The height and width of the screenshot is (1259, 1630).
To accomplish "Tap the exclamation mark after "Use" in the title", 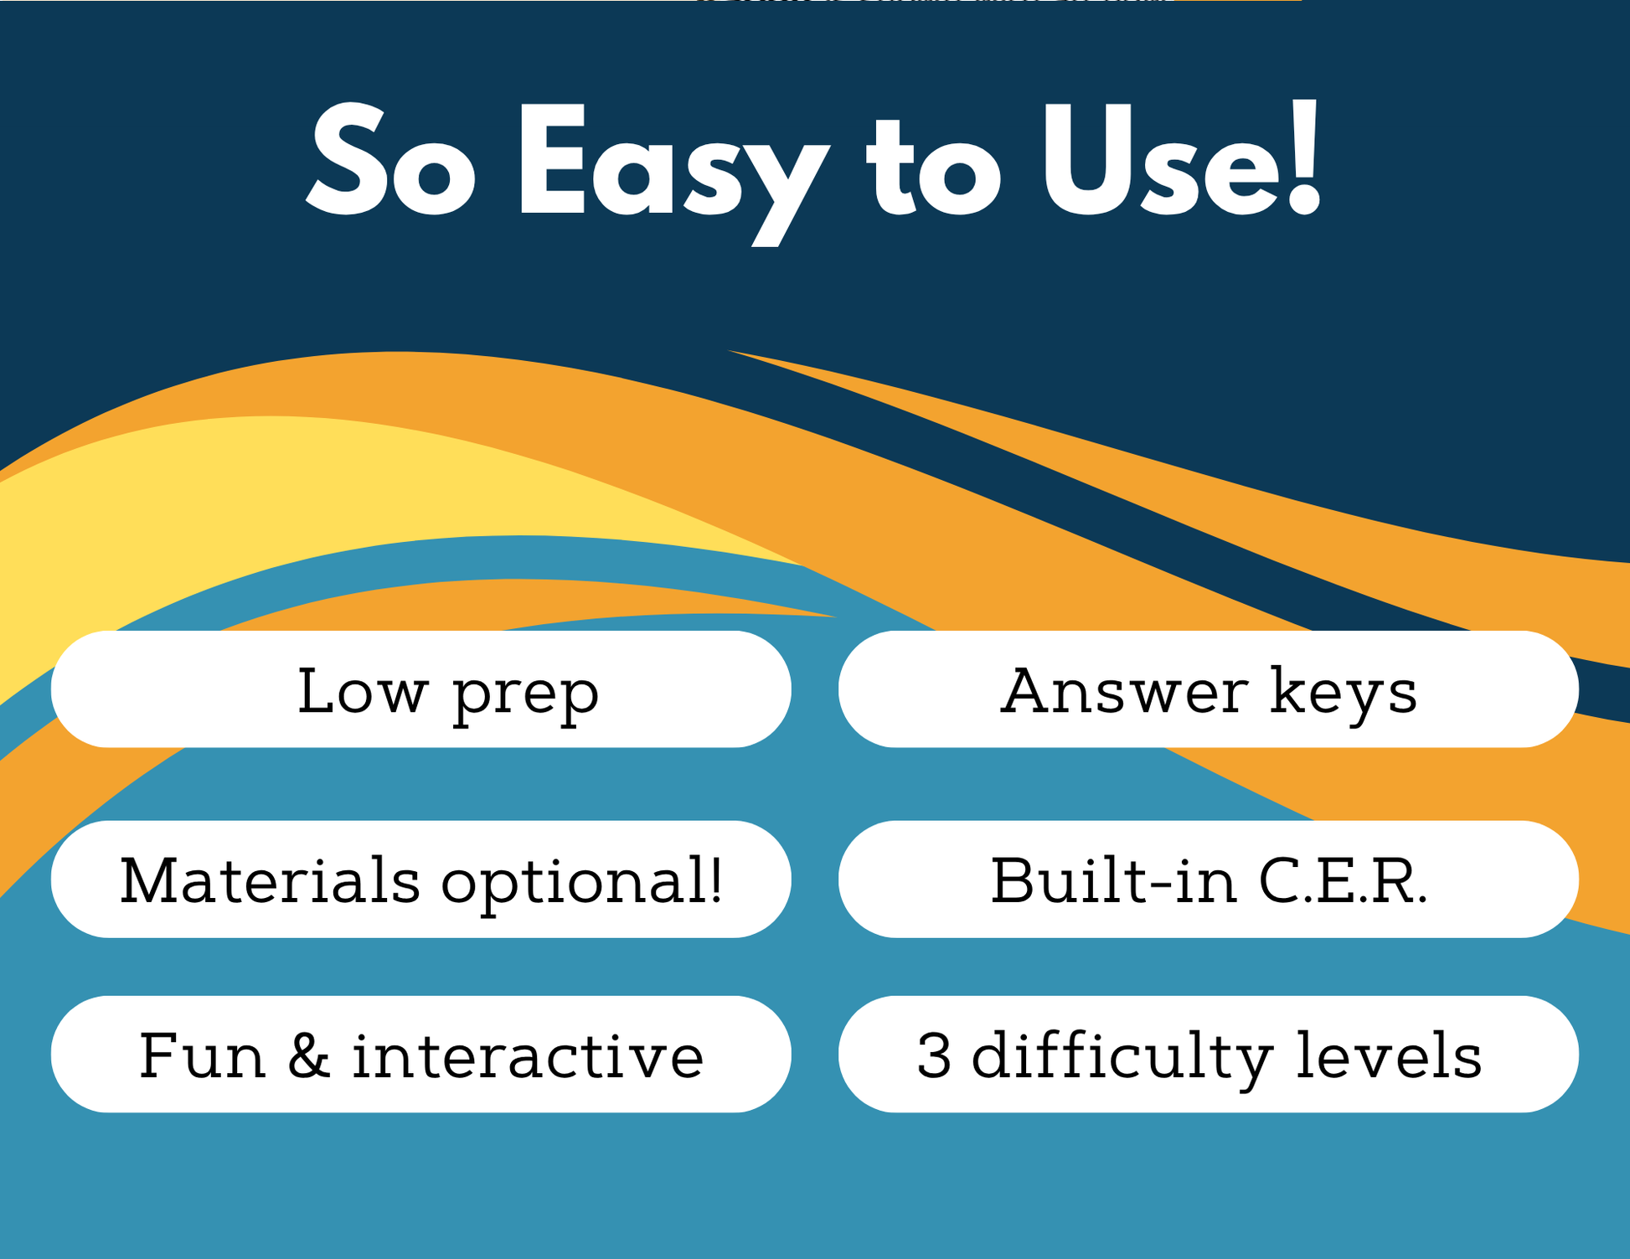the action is [1304, 157].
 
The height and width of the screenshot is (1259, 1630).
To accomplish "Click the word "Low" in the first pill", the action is [363, 691].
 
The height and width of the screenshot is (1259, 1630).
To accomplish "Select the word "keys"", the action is [1344, 694].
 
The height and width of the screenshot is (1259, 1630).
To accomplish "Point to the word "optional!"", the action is [581, 884].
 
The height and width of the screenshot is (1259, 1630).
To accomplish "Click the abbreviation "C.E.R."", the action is [1343, 880].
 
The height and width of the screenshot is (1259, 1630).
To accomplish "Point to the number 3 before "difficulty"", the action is [934, 1055].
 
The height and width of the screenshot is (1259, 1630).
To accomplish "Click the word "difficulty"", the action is [1122, 1059].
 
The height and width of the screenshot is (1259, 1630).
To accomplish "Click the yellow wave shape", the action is [251, 511].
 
